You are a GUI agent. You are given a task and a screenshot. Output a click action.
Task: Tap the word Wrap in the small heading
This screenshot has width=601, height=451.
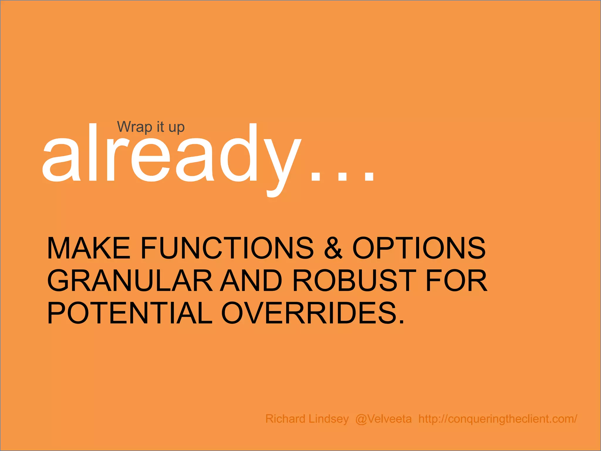click(134, 127)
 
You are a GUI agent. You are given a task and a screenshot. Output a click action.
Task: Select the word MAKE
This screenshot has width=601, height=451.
click(88, 248)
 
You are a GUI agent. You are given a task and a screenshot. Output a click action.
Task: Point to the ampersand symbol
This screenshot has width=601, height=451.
click(333, 248)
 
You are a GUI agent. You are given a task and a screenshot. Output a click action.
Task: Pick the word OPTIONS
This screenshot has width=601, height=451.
click(419, 248)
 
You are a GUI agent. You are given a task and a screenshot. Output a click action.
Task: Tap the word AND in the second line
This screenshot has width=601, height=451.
click(251, 281)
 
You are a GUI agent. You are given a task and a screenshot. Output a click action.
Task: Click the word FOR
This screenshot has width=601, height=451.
click(457, 281)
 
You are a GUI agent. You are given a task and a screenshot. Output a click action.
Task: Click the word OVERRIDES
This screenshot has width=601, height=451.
click(308, 313)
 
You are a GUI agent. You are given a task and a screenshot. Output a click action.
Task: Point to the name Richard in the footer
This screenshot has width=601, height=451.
click(285, 419)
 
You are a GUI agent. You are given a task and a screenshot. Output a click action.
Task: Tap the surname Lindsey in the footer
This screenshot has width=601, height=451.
click(329, 419)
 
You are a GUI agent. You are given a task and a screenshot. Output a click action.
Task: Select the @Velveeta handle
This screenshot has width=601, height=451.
click(383, 419)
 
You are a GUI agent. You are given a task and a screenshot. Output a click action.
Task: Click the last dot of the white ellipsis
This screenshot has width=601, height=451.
click(369, 177)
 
